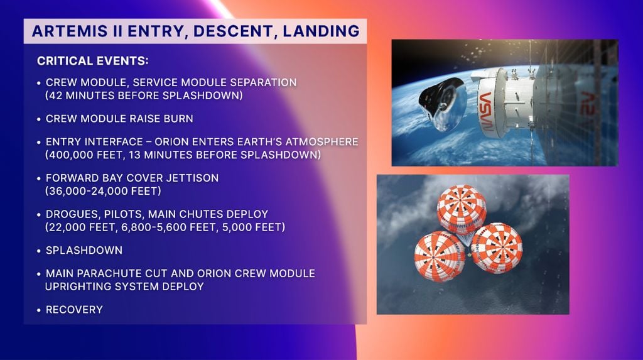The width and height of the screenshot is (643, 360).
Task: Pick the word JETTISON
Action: coord(189,178)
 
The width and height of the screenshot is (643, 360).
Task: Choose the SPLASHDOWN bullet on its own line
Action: coord(84,250)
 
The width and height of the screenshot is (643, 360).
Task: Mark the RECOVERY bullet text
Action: coord(74,310)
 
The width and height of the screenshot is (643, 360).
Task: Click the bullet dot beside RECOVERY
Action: coord(39,310)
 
